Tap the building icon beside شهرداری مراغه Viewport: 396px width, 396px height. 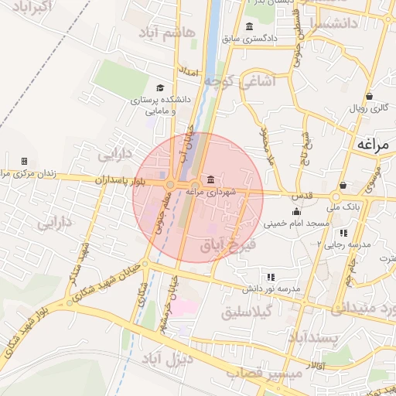(x=211, y=180)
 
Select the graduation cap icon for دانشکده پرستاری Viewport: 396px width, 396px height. (x=160, y=88)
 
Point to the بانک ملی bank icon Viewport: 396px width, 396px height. (x=343, y=186)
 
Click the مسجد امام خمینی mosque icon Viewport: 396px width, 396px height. (x=296, y=212)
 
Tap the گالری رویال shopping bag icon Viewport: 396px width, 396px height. (x=370, y=97)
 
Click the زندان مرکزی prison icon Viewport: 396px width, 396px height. (x=24, y=161)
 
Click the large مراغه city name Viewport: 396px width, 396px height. (x=372, y=145)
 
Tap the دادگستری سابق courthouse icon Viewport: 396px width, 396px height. (x=248, y=28)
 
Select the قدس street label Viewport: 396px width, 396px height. (x=303, y=196)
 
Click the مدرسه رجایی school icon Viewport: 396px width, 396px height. (x=343, y=232)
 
